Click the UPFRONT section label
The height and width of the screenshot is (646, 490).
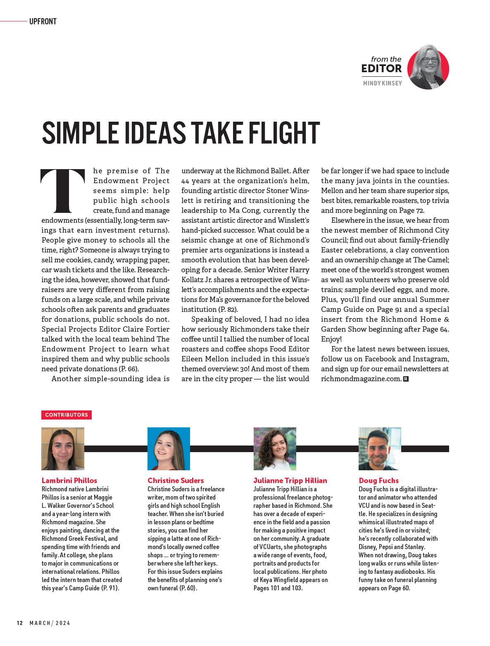point(43,21)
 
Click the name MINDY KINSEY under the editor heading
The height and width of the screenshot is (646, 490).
point(382,83)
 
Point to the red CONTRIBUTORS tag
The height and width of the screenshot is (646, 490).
point(66,415)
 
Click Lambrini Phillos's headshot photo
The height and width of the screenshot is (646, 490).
point(63,448)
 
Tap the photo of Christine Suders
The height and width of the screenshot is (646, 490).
point(169,448)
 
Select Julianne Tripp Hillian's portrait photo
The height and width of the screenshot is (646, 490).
point(275,448)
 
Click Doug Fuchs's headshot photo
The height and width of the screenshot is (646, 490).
point(380,448)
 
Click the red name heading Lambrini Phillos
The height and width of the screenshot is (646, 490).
point(69,481)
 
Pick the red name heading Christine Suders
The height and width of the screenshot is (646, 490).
point(176,481)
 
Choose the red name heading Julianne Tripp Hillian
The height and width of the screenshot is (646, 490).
point(290,481)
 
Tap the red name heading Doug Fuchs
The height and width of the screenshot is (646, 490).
point(379,481)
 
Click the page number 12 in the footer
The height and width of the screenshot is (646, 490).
point(19,623)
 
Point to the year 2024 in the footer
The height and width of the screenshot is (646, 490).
point(63,623)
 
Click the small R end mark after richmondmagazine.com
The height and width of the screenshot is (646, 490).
point(406,379)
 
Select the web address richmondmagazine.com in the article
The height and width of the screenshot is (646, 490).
point(361,379)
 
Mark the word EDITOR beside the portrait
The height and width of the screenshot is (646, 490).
point(381,68)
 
